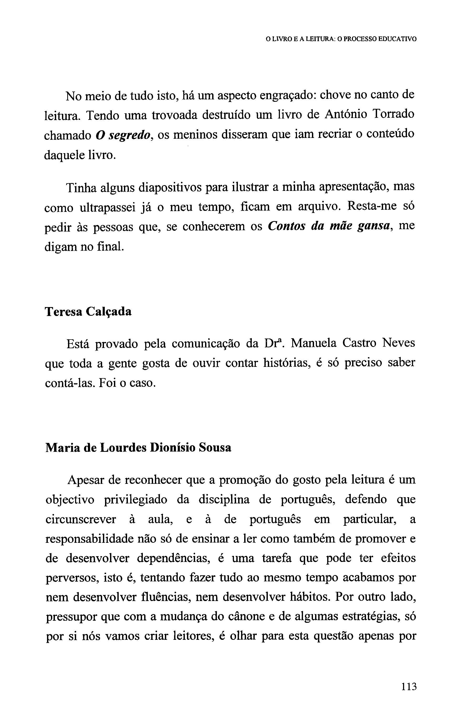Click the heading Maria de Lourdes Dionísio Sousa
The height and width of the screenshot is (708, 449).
point(138,448)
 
